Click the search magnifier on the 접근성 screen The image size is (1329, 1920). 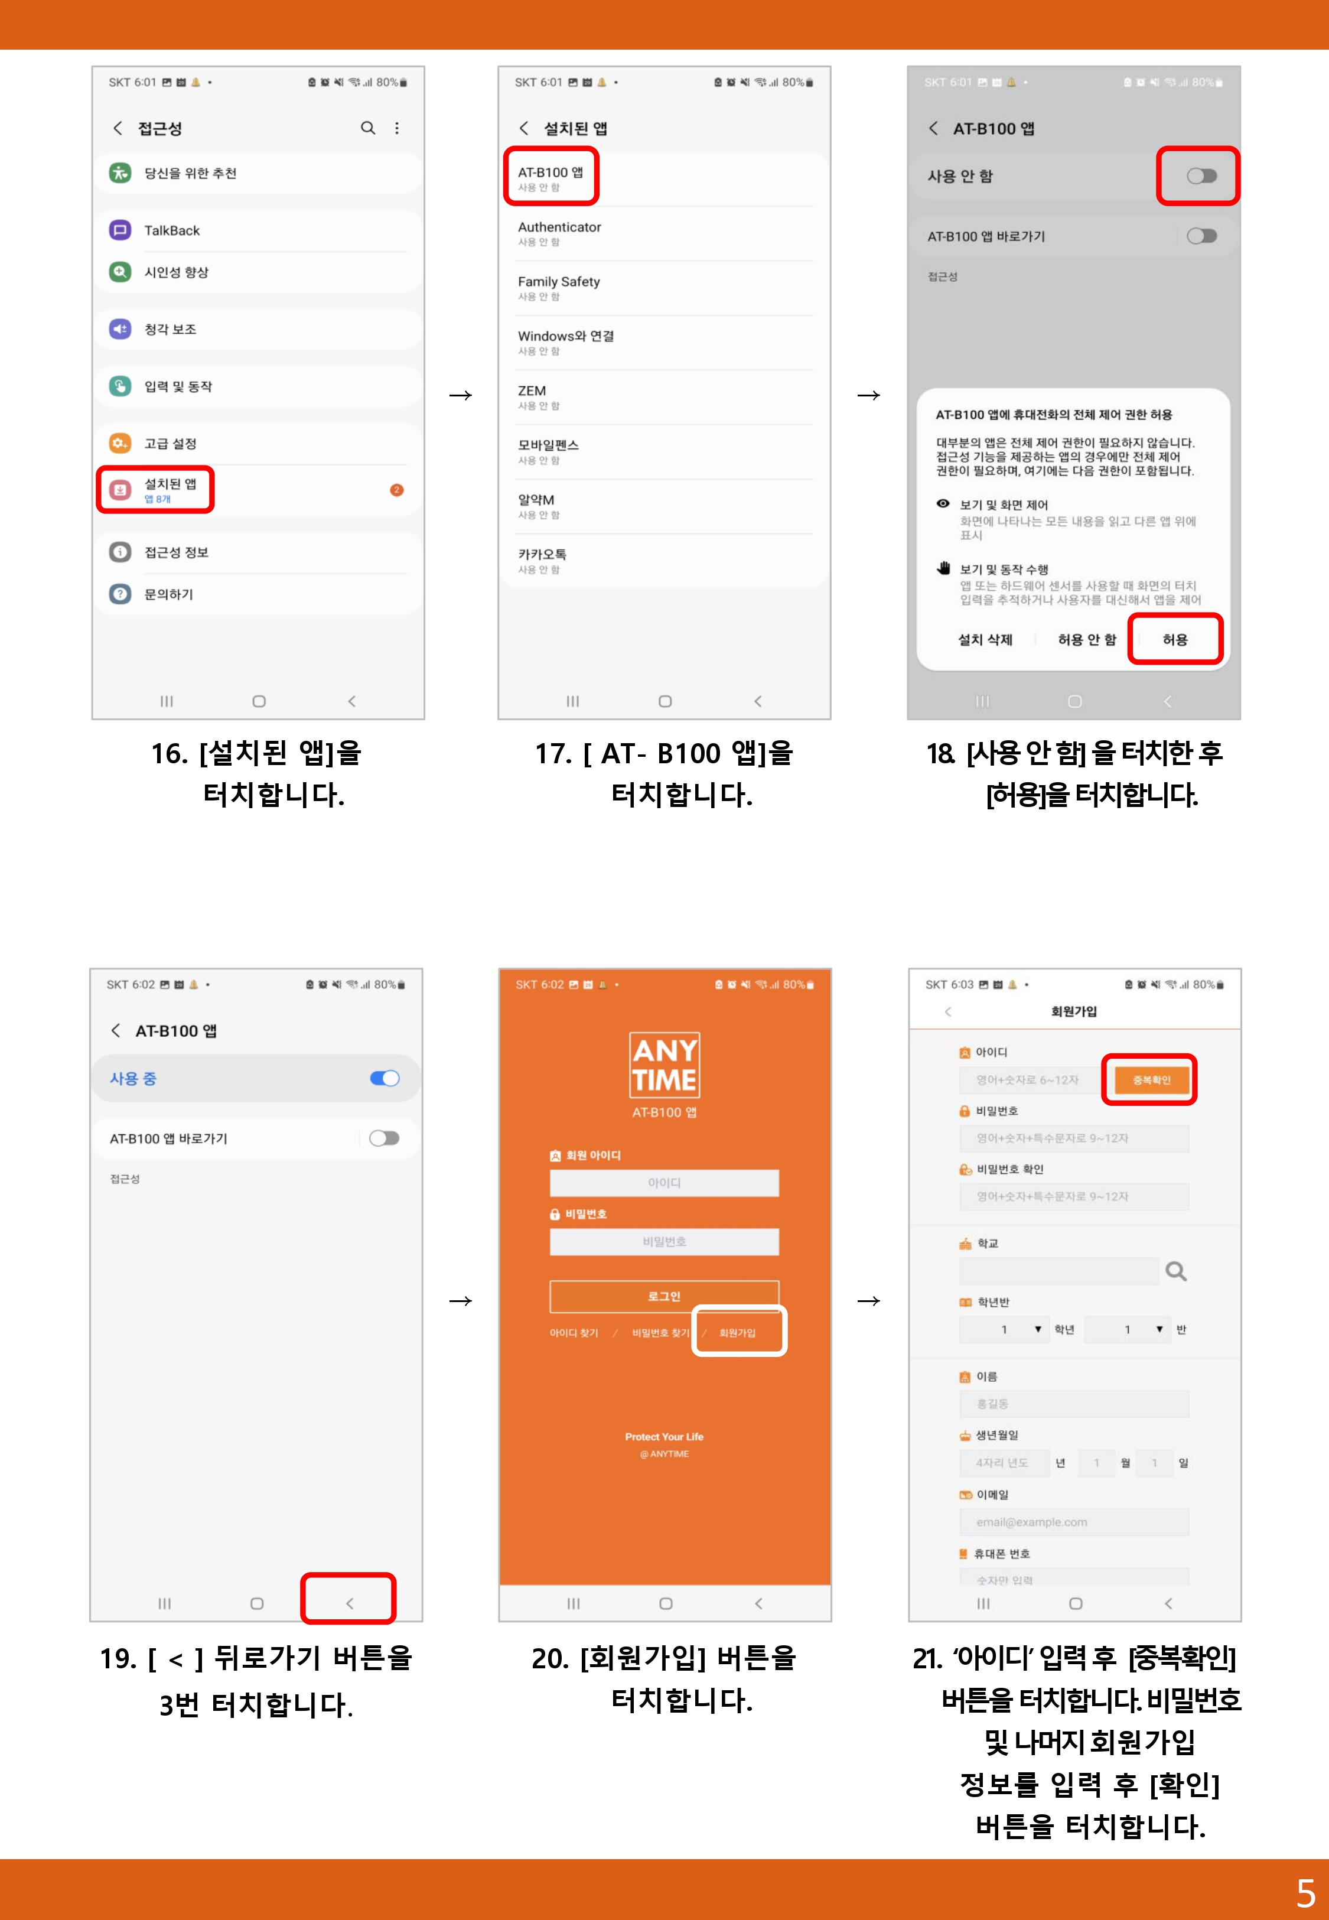[x=367, y=128]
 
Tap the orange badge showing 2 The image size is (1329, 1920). [x=396, y=490]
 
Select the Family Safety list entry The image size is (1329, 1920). [x=559, y=287]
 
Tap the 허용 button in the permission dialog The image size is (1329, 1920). [x=1174, y=639]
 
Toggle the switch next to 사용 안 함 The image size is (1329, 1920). [x=1201, y=175]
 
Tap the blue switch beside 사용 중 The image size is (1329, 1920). [x=384, y=1078]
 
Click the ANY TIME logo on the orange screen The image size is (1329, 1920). [x=664, y=1065]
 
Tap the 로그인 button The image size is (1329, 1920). [x=664, y=1296]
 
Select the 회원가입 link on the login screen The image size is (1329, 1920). [x=737, y=1332]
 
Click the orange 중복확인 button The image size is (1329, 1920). [x=1151, y=1080]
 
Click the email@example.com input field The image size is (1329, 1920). [x=1073, y=1522]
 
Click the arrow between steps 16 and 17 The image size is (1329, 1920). [x=461, y=395]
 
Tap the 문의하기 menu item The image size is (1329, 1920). [x=169, y=594]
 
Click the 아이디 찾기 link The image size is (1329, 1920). [x=574, y=1333]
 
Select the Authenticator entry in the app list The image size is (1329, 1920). [x=559, y=232]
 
